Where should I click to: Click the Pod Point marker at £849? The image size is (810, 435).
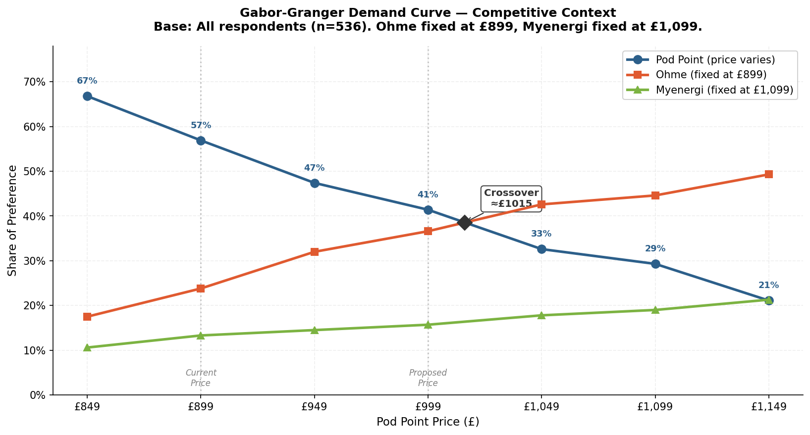point(87,96)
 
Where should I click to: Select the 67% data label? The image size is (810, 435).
point(87,81)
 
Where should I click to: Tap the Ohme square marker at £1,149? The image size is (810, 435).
point(768,174)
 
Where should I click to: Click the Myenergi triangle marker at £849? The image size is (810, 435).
point(87,347)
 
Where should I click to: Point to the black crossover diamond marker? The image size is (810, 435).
point(464,222)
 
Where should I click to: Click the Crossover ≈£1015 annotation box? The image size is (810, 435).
point(511,198)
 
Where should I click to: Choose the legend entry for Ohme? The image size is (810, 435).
point(710,75)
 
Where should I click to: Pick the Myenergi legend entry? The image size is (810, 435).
point(724,90)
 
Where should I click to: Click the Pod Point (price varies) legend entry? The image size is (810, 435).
point(715,59)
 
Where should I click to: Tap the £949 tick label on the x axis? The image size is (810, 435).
point(314,407)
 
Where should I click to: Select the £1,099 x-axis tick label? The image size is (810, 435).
point(655,407)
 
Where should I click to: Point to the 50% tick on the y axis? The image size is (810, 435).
point(35,172)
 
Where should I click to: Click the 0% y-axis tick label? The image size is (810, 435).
point(38,395)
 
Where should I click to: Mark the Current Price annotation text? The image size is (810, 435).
point(201,378)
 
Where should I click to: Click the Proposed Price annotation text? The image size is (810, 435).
point(428,378)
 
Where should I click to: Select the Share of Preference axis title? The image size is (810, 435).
point(12,221)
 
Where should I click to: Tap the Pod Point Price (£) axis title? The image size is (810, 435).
point(428,422)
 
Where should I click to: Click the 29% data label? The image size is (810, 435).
point(655,249)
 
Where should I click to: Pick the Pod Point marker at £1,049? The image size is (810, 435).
point(541,249)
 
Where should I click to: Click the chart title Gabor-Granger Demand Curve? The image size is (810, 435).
point(428,13)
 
